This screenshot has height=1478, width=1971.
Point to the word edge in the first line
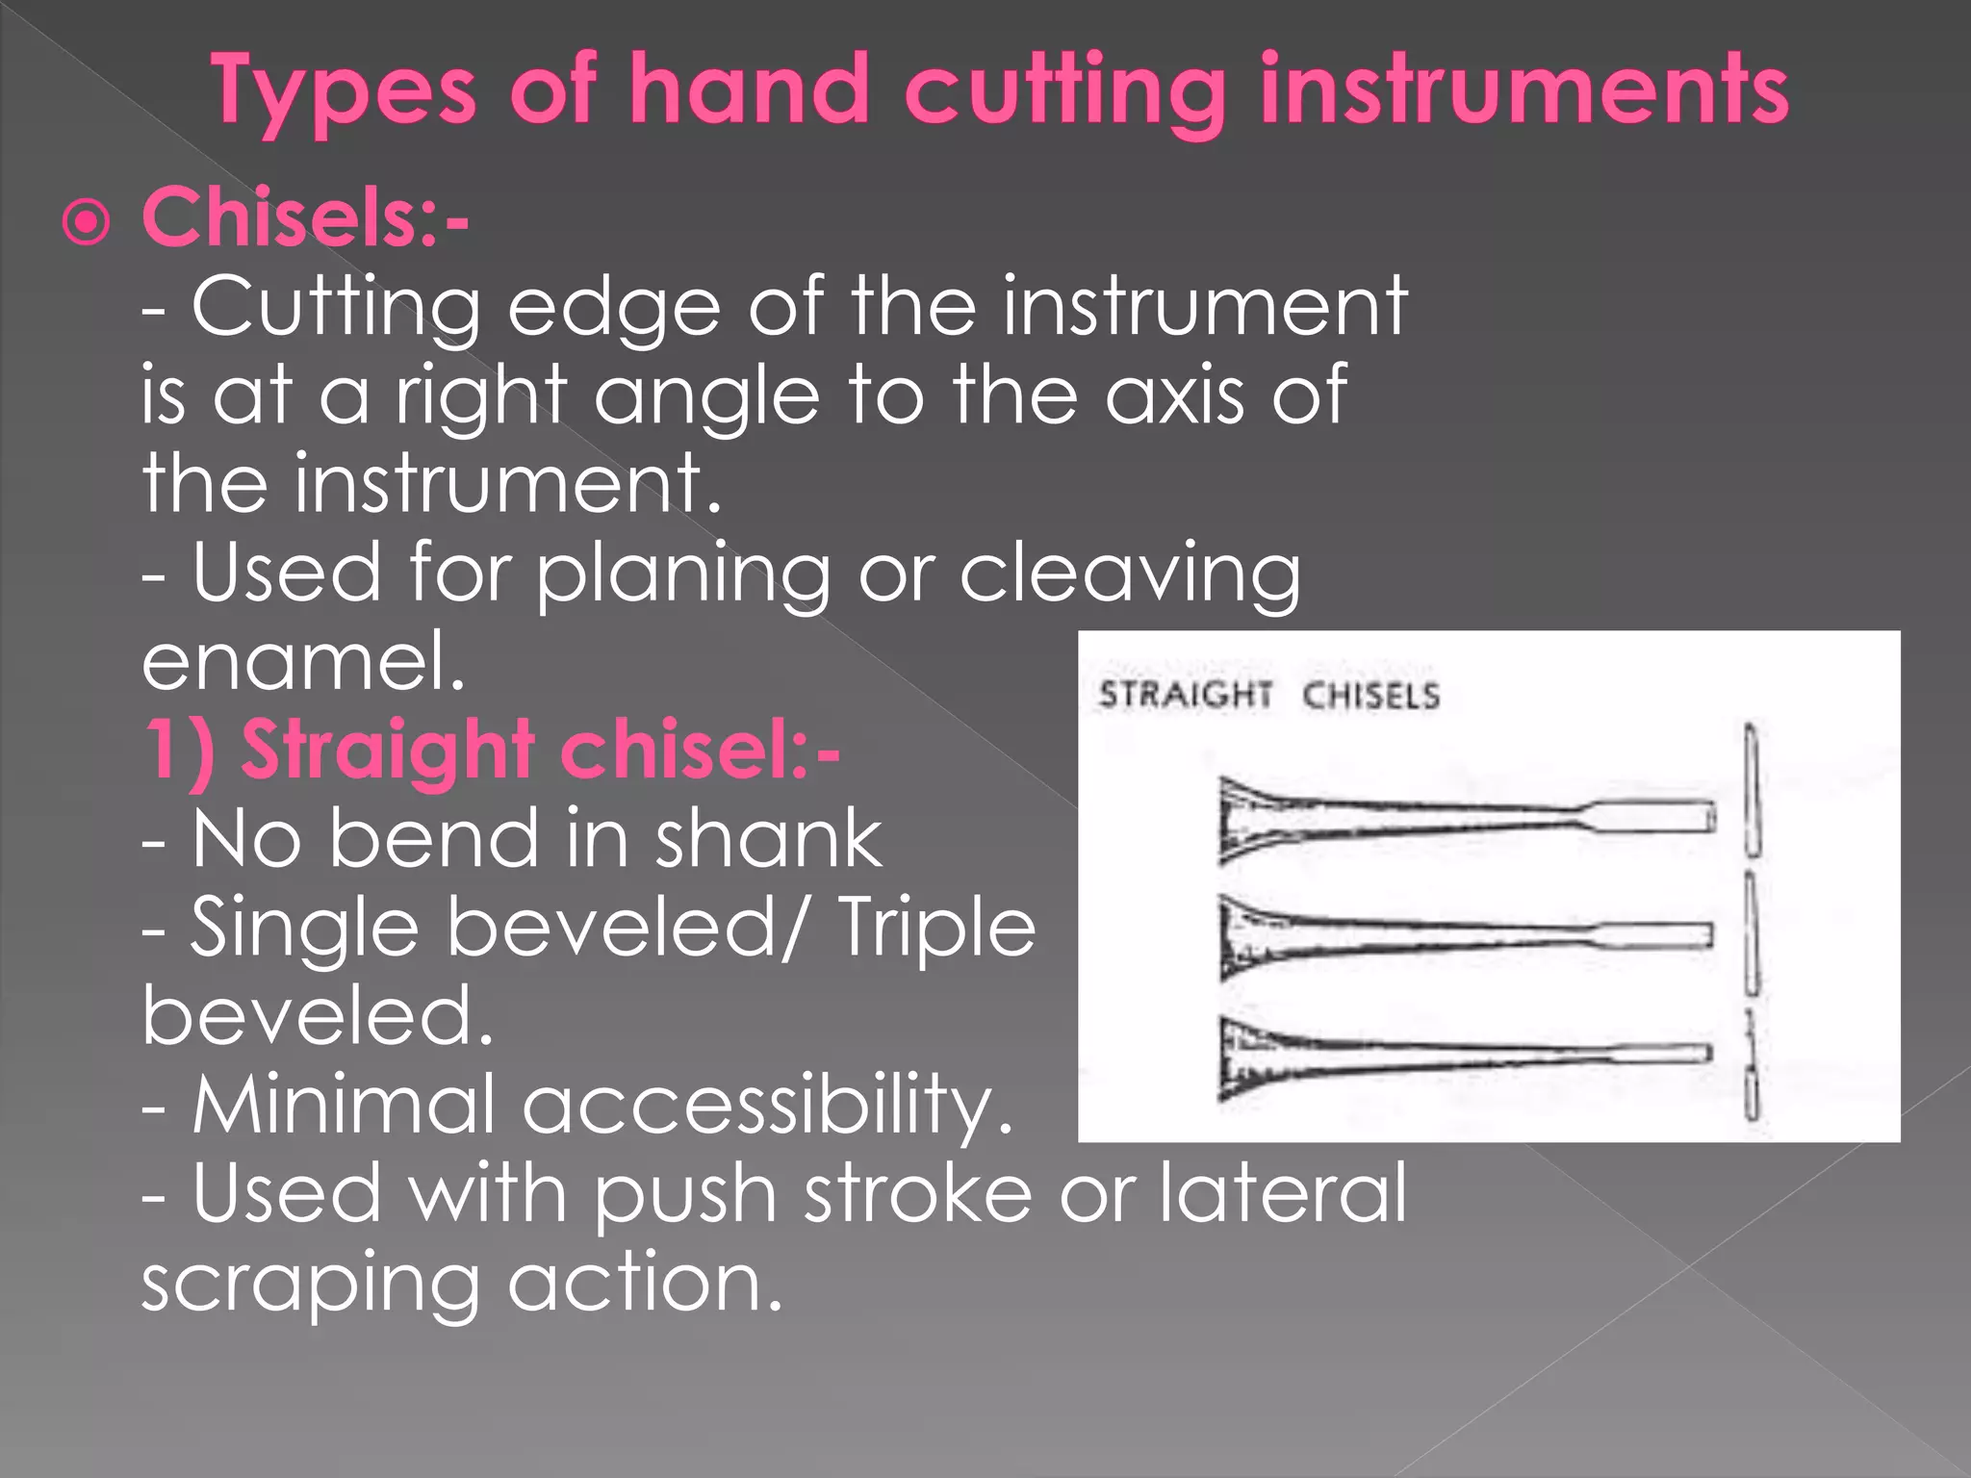pyautogui.click(x=613, y=308)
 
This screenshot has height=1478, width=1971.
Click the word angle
pyautogui.click(x=705, y=396)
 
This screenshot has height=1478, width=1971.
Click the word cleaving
pyautogui.click(x=1130, y=574)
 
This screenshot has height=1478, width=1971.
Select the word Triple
pyautogui.click(x=937, y=928)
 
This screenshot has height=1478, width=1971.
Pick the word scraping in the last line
pyautogui.click(x=310, y=1285)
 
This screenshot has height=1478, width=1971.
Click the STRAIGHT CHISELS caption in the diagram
pyautogui.click(x=1268, y=695)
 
